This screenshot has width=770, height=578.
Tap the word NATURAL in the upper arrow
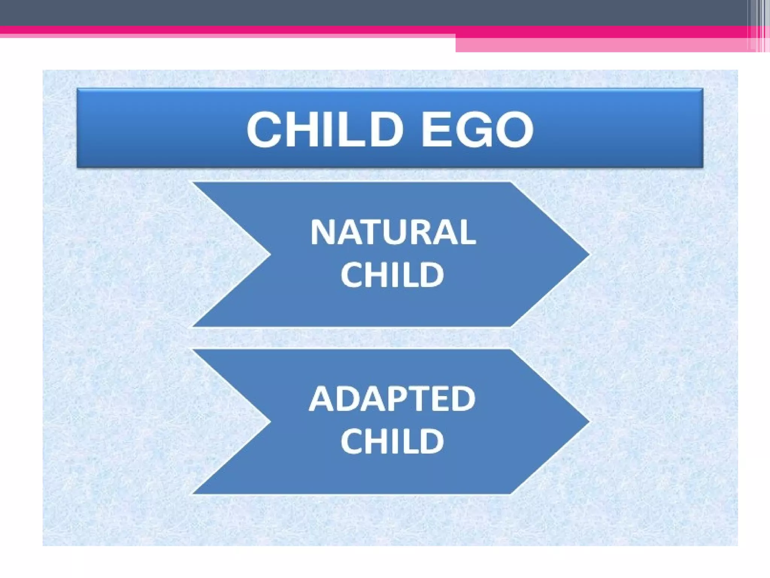[393, 232]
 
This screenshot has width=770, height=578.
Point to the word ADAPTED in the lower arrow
[392, 399]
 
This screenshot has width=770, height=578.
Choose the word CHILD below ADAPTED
[392, 441]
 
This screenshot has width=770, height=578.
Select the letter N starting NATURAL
[323, 232]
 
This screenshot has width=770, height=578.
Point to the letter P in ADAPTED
[398, 399]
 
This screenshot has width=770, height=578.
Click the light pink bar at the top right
[602, 45]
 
